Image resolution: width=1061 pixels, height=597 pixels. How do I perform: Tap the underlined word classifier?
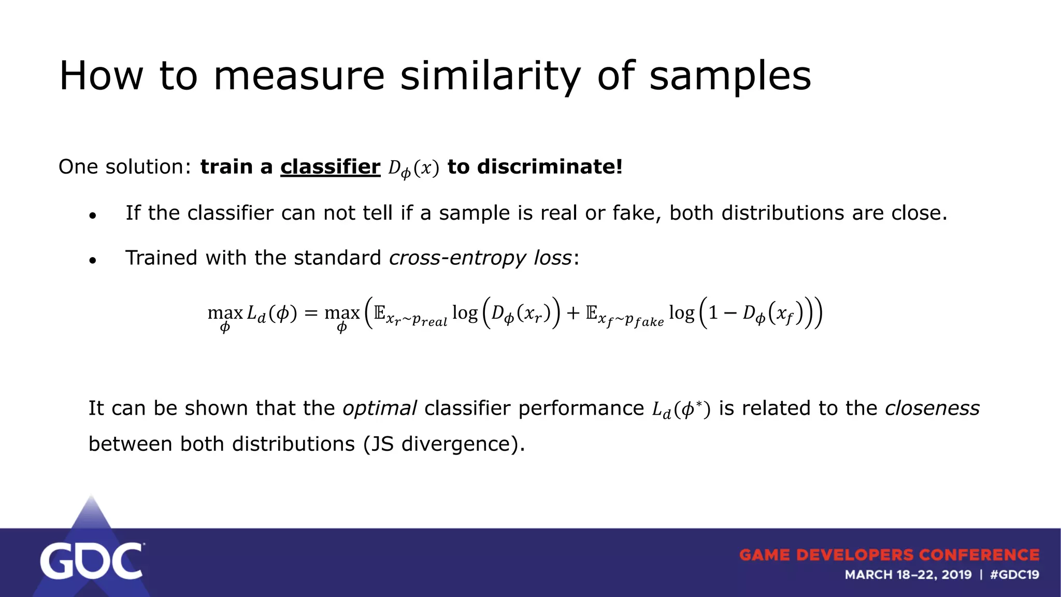tap(330, 167)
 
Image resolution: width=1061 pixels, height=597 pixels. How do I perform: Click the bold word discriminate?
tap(550, 167)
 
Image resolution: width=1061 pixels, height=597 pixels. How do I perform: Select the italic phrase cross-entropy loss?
tap(480, 258)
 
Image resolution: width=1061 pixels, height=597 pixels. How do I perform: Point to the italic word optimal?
tap(379, 408)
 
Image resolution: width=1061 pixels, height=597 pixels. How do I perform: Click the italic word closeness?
tap(932, 408)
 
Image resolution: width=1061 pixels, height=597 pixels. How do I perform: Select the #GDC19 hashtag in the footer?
tap(1014, 575)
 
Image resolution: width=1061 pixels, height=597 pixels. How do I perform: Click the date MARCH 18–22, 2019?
tap(908, 575)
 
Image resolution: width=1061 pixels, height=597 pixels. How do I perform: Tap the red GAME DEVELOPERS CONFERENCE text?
tap(889, 555)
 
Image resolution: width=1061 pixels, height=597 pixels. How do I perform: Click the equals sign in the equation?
tap(310, 313)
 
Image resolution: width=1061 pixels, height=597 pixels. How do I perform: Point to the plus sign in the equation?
tap(572, 313)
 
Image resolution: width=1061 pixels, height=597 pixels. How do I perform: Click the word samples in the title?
tap(730, 76)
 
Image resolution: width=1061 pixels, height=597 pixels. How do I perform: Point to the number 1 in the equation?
tap(713, 313)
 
